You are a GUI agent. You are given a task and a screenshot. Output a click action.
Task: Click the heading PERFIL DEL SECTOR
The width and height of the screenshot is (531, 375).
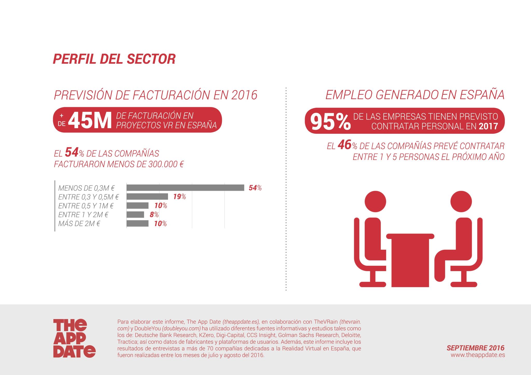114,59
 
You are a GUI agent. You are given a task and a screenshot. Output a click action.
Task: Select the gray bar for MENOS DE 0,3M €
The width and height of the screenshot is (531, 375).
185,187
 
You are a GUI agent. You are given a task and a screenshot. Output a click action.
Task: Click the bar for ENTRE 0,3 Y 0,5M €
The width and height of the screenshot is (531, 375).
147,197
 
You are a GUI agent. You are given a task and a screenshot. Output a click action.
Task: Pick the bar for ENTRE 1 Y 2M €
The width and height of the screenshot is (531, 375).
135,215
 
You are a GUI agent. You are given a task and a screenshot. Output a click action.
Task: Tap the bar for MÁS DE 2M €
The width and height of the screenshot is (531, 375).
137,223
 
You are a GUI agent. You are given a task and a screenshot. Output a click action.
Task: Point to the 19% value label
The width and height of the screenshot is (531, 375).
179,197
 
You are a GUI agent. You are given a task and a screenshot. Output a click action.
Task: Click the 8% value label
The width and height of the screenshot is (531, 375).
154,215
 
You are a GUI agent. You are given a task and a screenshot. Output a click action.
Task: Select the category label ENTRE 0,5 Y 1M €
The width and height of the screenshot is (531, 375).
86,206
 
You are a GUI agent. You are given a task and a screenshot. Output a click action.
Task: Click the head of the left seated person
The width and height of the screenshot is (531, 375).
375,202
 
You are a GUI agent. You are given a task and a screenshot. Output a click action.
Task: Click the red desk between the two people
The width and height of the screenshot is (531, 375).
410,262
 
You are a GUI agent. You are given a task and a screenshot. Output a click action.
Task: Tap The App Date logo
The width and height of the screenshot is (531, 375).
74,338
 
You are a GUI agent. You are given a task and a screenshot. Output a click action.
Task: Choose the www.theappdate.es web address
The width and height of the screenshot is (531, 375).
478,355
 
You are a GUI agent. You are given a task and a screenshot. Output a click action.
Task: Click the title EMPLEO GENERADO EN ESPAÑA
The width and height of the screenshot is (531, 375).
415,95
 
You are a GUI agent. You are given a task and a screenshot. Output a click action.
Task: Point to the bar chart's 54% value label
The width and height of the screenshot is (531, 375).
255,188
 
